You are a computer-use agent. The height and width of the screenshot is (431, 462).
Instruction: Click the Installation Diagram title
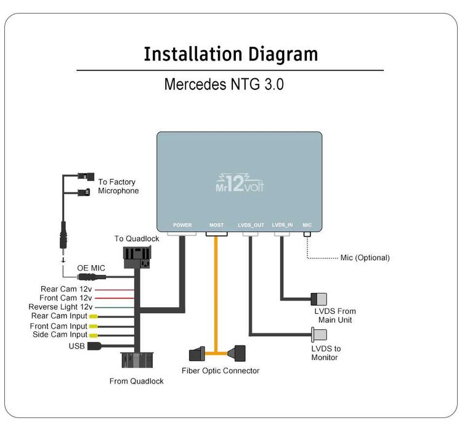click(230, 54)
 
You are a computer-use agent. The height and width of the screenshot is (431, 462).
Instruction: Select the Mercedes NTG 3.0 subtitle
click(224, 84)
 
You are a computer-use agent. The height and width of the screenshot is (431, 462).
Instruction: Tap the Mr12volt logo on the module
click(240, 181)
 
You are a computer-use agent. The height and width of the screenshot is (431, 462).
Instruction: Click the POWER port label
click(182, 225)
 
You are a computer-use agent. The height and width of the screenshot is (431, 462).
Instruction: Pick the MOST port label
click(216, 225)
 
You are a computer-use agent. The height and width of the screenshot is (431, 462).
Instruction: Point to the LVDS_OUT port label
click(251, 225)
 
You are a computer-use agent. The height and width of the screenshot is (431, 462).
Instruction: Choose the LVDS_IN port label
click(282, 225)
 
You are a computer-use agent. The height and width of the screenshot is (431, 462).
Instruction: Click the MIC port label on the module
click(307, 225)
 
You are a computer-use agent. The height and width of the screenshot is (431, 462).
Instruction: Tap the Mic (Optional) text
click(365, 258)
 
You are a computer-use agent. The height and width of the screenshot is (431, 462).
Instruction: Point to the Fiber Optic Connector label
click(221, 371)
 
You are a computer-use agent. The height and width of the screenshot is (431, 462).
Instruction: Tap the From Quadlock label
click(136, 381)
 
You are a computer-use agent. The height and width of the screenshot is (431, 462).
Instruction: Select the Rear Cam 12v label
click(67, 288)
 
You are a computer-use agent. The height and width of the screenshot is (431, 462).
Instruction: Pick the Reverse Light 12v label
click(60, 306)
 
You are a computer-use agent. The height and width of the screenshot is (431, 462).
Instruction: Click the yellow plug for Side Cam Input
click(93, 335)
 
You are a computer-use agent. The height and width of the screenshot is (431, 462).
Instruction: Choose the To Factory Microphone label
click(118, 186)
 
